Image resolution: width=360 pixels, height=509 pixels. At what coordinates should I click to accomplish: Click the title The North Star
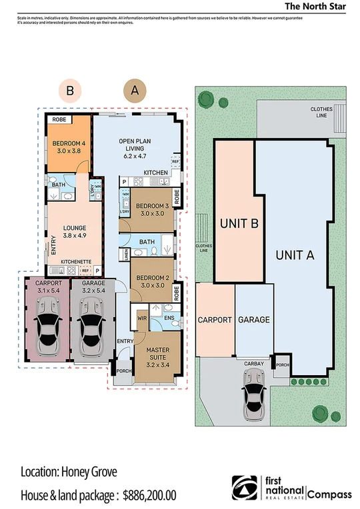click(315, 6)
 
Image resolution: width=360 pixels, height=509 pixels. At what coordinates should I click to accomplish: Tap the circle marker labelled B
click(70, 91)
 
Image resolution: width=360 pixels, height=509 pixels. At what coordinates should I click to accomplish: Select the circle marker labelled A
click(135, 91)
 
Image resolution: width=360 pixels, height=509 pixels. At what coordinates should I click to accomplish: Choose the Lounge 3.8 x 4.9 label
click(75, 230)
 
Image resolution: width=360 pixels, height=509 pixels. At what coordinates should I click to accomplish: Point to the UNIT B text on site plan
click(239, 225)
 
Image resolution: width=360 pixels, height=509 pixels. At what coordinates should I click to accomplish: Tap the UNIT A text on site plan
click(296, 254)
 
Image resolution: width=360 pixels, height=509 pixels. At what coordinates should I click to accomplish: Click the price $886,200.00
click(150, 495)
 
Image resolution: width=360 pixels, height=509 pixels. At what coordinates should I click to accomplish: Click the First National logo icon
click(243, 488)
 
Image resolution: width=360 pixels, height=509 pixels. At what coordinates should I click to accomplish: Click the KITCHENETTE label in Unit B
click(75, 262)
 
